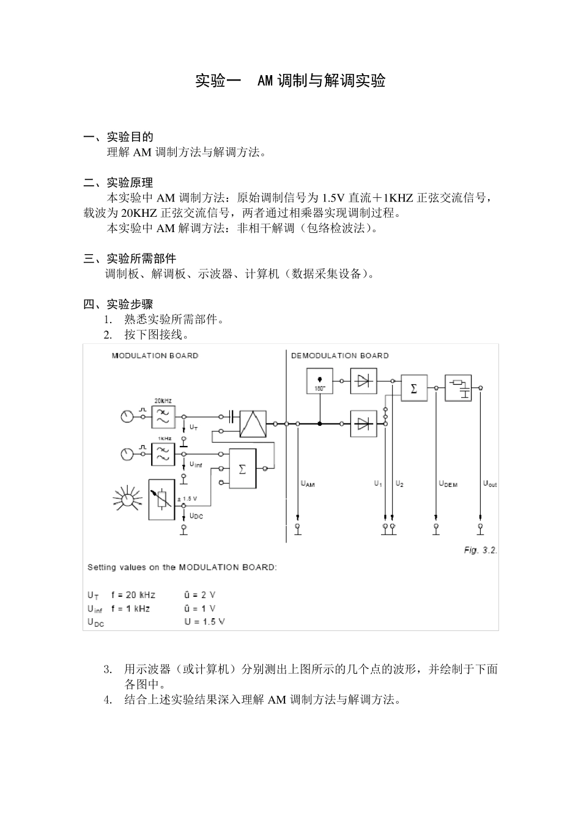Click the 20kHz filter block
click(x=163, y=417)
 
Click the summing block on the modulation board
click(x=243, y=469)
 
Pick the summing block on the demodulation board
click(x=414, y=388)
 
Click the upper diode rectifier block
click(x=363, y=381)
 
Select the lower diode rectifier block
click(x=363, y=423)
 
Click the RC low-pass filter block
click(x=458, y=388)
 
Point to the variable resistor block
click(x=162, y=499)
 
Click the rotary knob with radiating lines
click(x=128, y=500)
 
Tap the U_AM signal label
click(x=308, y=484)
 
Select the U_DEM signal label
click(x=448, y=484)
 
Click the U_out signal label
click(x=490, y=484)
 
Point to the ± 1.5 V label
click(x=187, y=499)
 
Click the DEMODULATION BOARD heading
click(x=339, y=356)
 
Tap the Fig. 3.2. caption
click(x=480, y=550)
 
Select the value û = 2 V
click(x=200, y=595)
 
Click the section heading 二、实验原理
click(x=118, y=183)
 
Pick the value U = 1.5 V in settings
click(x=205, y=622)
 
